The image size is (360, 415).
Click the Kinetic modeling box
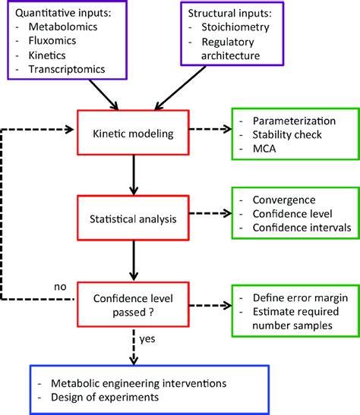tap(134, 133)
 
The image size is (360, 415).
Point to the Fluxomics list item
tap(51, 42)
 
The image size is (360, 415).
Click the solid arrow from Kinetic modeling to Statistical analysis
tap(134, 172)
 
